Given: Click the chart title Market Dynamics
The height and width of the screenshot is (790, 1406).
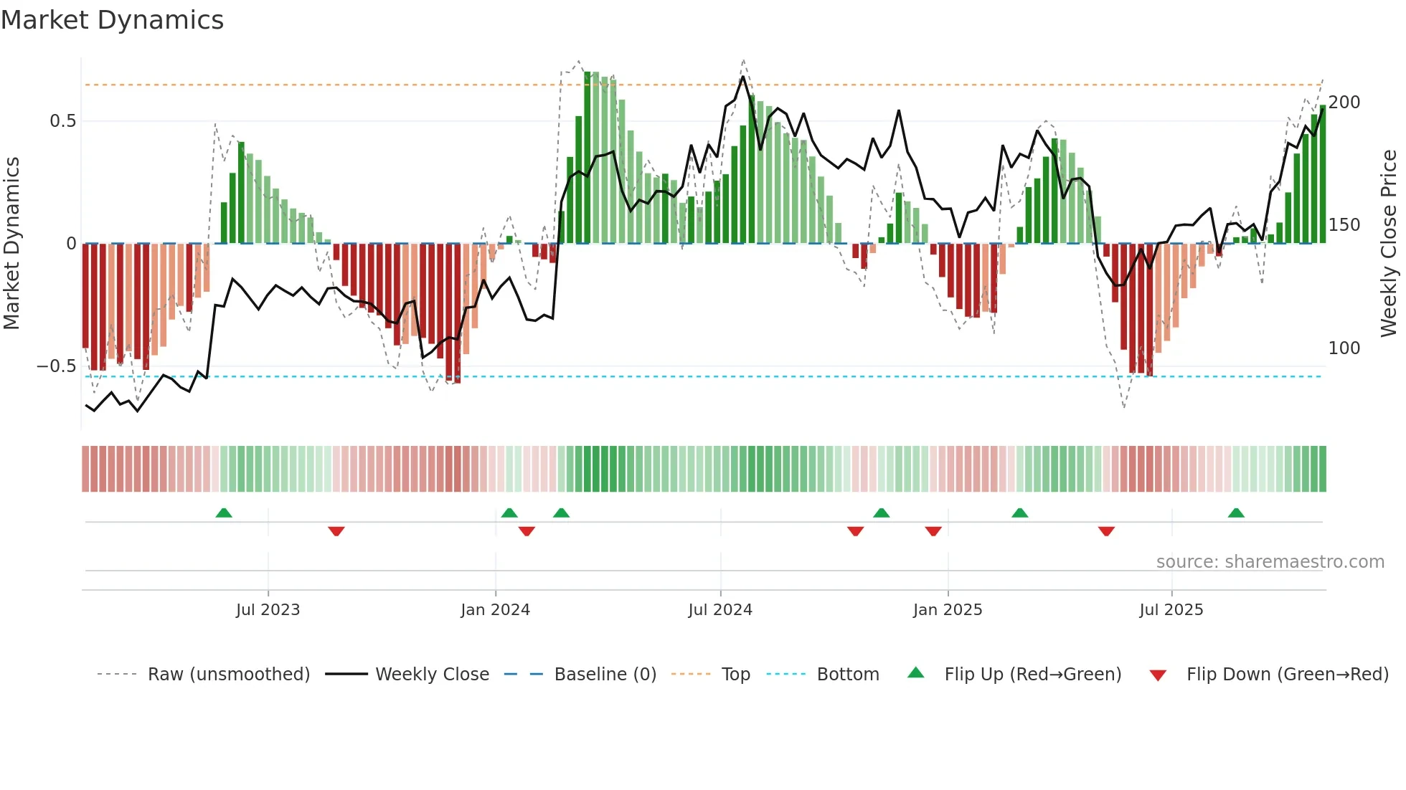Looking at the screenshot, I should click(113, 20).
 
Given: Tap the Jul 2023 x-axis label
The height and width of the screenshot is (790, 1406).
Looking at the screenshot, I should click(268, 610).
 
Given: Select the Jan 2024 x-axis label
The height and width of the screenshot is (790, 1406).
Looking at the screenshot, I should click(495, 610).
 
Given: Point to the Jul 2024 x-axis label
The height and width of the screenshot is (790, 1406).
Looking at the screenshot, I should click(720, 610).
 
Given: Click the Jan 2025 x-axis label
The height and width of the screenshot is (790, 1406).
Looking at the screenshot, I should click(948, 610).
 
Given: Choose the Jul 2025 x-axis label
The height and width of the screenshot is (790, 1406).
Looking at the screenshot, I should click(1171, 610).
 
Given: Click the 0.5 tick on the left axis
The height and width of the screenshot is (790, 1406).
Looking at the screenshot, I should click(63, 121).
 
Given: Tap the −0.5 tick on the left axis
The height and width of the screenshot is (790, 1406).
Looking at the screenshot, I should click(57, 366).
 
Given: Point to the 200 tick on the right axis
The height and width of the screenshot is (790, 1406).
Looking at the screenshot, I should click(1344, 103).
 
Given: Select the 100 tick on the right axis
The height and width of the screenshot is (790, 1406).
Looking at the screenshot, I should click(1344, 348).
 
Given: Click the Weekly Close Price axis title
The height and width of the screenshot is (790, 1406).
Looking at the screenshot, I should click(1390, 244).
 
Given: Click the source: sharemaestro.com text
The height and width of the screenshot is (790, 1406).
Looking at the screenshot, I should click(1270, 562).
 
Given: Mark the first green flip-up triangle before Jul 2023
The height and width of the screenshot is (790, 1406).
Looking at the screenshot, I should click(224, 513).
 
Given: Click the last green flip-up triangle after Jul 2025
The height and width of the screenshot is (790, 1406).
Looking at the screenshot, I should click(1236, 513).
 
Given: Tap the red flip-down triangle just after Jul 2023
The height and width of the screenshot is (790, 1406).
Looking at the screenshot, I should click(336, 531).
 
